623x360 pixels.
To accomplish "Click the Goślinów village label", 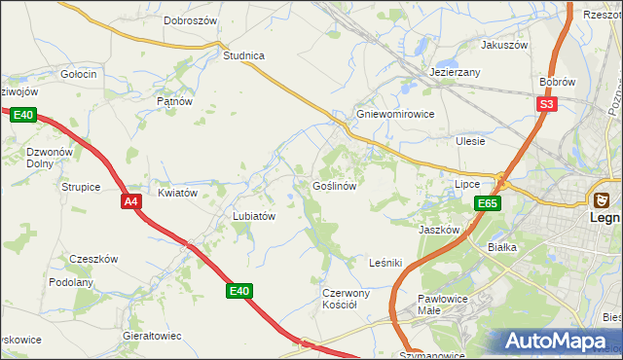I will point(338,185).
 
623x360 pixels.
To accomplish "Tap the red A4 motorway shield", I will point(132,201).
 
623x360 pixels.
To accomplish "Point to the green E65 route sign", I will point(488,203).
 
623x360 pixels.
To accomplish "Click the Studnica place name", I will point(243,55).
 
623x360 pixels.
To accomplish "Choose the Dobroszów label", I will point(190,19).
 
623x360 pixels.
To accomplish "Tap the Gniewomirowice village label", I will point(394,113).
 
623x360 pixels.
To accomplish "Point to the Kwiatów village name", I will point(178,193).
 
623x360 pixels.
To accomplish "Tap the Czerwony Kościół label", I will point(347,298).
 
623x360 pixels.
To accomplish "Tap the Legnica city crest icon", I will point(603,199).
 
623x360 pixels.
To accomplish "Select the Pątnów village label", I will point(174,100).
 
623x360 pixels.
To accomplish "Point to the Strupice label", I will point(81,186).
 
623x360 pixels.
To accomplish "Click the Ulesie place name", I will point(470,141).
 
